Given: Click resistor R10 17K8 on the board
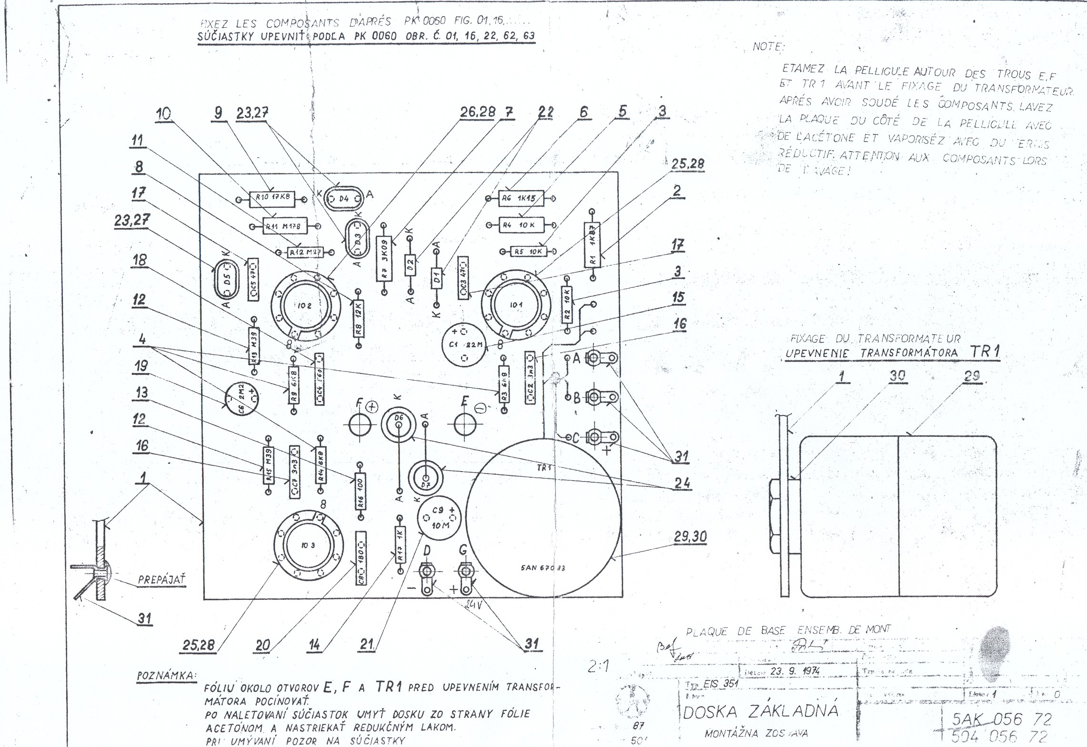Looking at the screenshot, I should click(272, 197).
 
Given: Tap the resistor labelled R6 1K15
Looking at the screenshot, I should click(521, 198).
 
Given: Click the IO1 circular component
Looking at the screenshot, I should click(516, 304).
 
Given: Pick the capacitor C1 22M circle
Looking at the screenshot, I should click(464, 344).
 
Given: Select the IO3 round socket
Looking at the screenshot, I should click(308, 545).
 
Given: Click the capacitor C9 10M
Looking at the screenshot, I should click(439, 518).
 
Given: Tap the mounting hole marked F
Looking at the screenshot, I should click(360, 424).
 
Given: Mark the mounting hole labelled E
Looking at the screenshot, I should click(465, 424).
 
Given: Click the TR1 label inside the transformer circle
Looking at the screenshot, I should click(544, 467).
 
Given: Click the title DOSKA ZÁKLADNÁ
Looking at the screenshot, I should click(760, 711).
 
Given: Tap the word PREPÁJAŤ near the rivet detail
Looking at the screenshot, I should click(161, 580).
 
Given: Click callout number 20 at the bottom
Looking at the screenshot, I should click(263, 645).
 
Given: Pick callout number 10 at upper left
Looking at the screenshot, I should click(163, 114).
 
